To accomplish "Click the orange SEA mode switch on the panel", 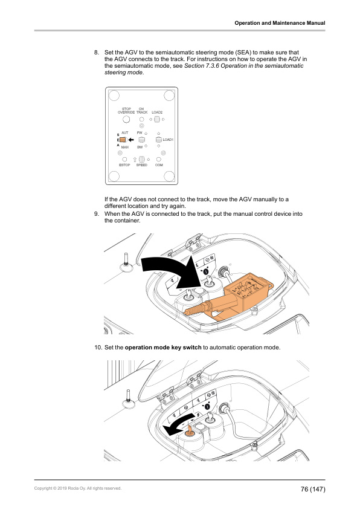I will [x=123, y=140].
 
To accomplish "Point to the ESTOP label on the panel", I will [x=124, y=164].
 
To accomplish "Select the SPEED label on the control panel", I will [x=142, y=164].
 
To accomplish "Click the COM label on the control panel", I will [x=159, y=164].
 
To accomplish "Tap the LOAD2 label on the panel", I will [x=158, y=112].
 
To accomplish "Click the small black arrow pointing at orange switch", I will [x=131, y=140].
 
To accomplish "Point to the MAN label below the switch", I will [x=125, y=147].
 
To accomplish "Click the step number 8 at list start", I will [x=97, y=53].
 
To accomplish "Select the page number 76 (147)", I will [x=313, y=488].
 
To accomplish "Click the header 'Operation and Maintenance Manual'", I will [x=280, y=23].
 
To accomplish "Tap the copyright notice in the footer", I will [x=78, y=488].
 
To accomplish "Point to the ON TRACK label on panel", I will [x=142, y=111].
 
